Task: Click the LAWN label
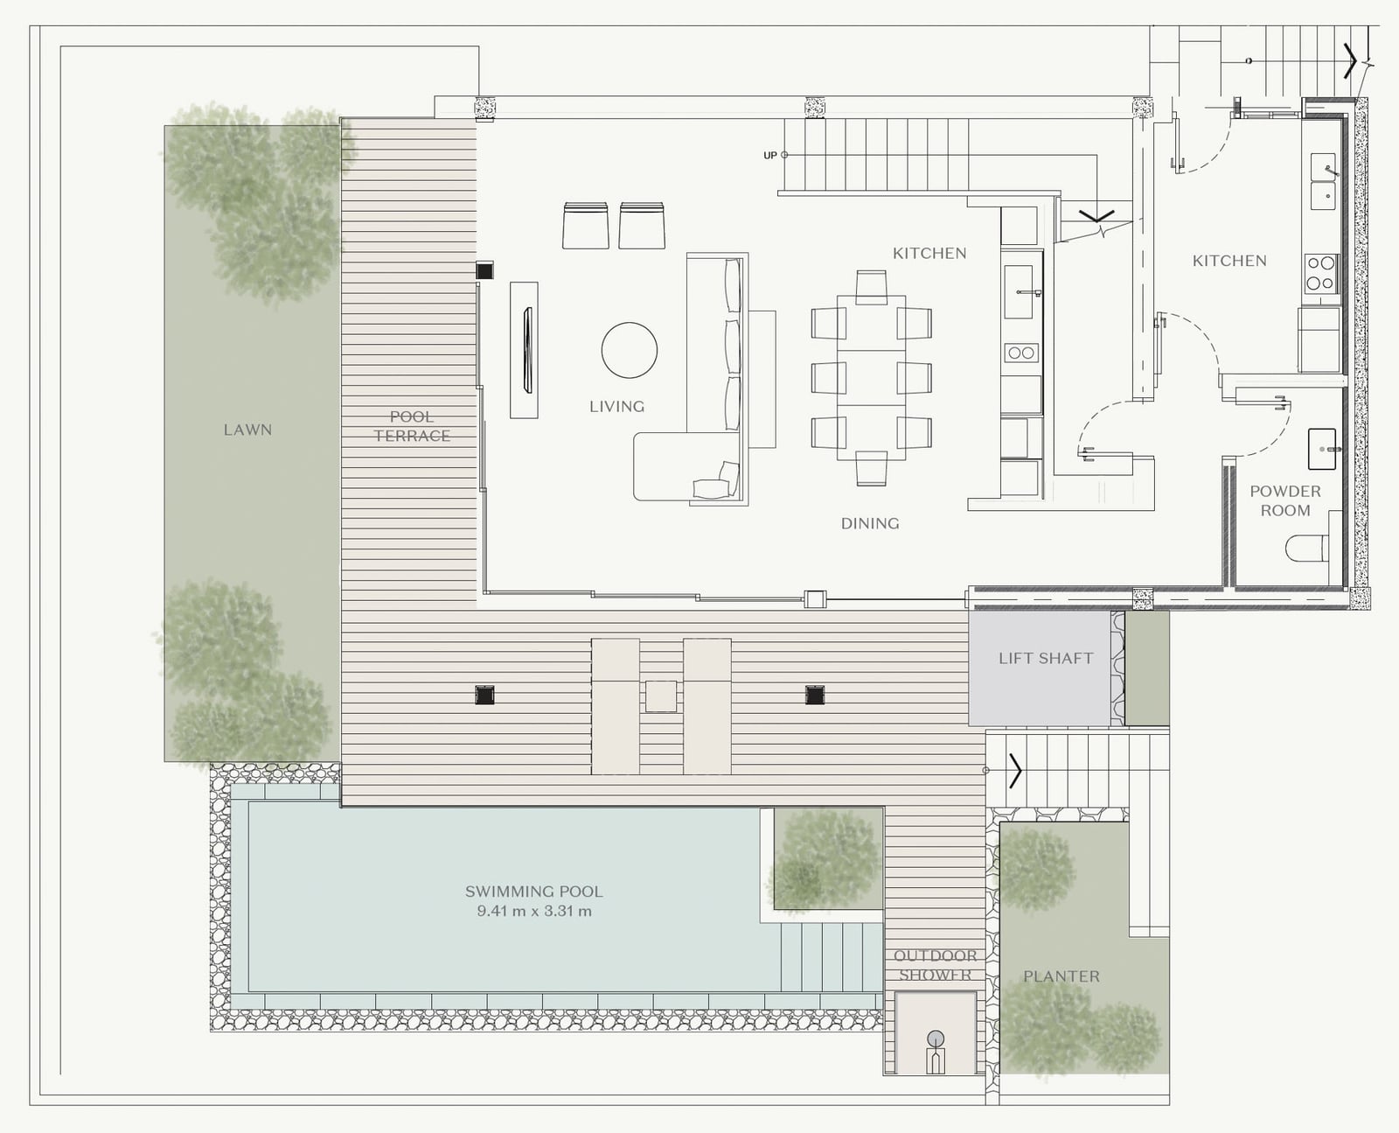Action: (x=247, y=430)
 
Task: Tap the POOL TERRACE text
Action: (x=412, y=427)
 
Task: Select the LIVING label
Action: (x=616, y=407)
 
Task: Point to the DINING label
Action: (x=870, y=524)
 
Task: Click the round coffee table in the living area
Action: (x=630, y=350)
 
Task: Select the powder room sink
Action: (x=1322, y=449)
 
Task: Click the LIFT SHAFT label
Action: (x=1046, y=659)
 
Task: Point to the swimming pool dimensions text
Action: (x=534, y=912)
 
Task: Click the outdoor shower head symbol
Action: (x=936, y=1039)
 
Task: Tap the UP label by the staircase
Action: (x=769, y=156)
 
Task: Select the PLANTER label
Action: (x=1061, y=976)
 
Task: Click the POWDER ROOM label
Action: (x=1285, y=500)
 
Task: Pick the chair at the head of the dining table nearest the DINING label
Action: (x=872, y=468)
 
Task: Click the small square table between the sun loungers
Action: (x=661, y=696)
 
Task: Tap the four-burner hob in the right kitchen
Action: (x=1321, y=273)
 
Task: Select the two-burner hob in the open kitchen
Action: (x=1021, y=353)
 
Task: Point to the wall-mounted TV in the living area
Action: (x=527, y=350)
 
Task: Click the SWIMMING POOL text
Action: (x=534, y=892)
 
